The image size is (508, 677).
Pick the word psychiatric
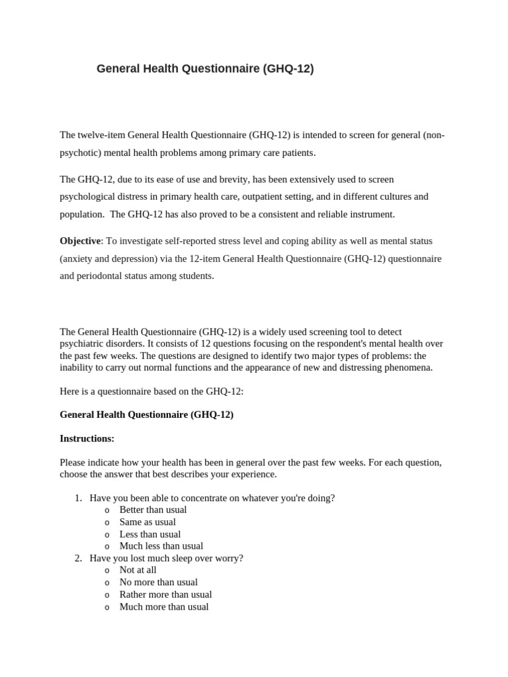[83, 344]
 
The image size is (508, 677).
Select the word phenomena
[409, 367]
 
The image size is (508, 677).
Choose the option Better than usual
[153, 510]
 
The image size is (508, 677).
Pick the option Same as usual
[148, 522]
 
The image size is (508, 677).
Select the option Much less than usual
[161, 546]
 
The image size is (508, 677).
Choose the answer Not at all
[138, 570]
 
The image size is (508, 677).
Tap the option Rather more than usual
[165, 594]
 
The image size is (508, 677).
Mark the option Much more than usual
[163, 606]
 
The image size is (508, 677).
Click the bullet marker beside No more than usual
[106, 582]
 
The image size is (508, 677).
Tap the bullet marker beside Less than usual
[106, 534]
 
